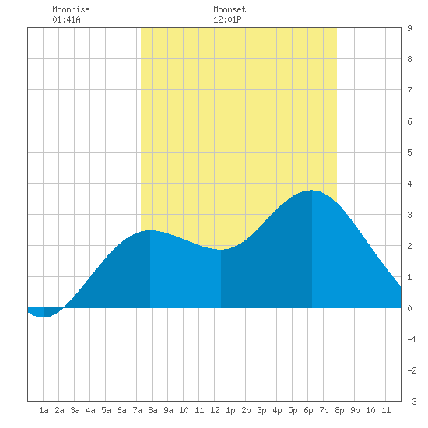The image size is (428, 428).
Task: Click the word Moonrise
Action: click(x=71, y=9)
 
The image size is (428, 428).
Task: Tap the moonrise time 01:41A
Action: click(x=66, y=19)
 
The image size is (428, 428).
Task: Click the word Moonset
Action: click(x=230, y=9)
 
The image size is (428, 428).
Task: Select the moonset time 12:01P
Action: click(x=227, y=19)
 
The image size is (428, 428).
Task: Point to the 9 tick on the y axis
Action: click(x=409, y=28)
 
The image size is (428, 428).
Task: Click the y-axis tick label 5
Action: click(x=409, y=153)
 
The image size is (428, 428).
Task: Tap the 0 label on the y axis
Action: click(x=409, y=308)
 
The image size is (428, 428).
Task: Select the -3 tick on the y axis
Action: click(x=412, y=402)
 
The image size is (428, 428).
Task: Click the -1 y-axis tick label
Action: click(x=412, y=339)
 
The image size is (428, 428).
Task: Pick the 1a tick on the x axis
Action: click(x=44, y=410)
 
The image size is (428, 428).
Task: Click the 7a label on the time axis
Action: click(x=137, y=410)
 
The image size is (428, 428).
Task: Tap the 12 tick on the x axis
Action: click(x=215, y=410)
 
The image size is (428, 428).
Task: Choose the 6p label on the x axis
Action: click(x=308, y=410)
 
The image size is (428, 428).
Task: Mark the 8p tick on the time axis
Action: click(x=339, y=410)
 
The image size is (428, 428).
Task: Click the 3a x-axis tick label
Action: click(x=75, y=410)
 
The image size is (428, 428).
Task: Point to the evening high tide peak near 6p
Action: click(x=312, y=191)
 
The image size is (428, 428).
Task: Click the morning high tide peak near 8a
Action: click(x=150, y=230)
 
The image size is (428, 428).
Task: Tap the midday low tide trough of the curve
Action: click(x=221, y=249)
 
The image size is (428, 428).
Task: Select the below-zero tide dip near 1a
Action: click(x=43, y=317)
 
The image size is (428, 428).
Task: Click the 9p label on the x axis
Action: click(x=355, y=410)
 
